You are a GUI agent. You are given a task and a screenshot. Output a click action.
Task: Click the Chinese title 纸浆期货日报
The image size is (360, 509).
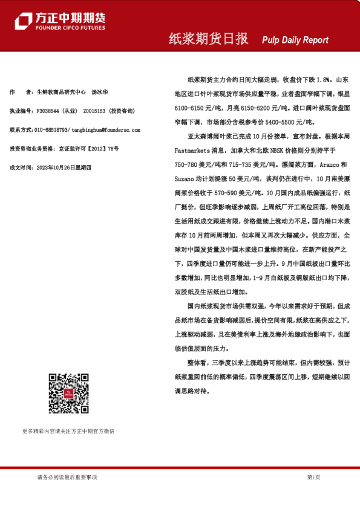pyautogui.click(x=209, y=39)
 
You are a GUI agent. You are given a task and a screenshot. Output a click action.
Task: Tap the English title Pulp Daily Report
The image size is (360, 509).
pyautogui.click(x=295, y=40)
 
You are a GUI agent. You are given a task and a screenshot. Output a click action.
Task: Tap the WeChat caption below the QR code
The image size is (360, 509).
pyautogui.click(x=68, y=432)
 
